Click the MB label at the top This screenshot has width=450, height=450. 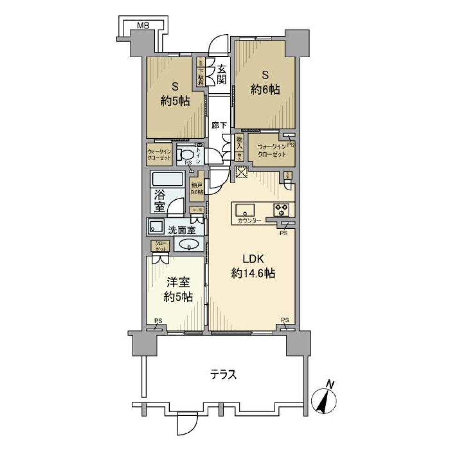pos(143,26)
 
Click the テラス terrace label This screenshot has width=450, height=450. pos(223,375)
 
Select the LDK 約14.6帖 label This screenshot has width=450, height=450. pos(253,267)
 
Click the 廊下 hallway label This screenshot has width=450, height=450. pos(219,126)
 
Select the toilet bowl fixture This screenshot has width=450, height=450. pos(188,155)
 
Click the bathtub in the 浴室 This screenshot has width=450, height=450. pos(167,180)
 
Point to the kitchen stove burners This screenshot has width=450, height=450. pos(281,210)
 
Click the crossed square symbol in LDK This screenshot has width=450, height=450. pos(241,172)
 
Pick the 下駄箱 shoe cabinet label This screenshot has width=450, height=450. pos(200,76)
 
